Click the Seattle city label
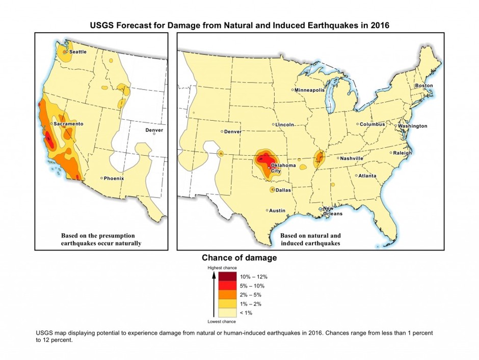(x=77, y=52)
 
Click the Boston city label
(x=423, y=86)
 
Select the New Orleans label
(x=331, y=211)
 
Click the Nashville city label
(x=352, y=158)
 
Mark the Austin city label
(x=277, y=210)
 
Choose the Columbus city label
(x=372, y=124)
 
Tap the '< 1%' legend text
(x=246, y=313)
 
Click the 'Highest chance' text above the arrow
(x=220, y=267)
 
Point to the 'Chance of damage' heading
(x=240, y=258)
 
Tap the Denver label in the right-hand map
(x=233, y=131)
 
